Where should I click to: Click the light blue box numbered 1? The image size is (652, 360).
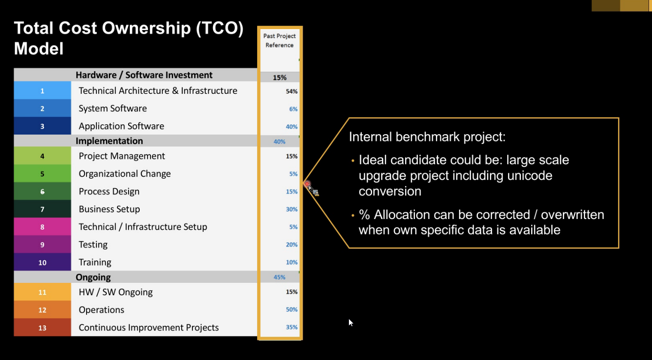pyautogui.click(x=42, y=90)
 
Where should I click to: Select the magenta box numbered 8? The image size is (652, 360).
pyautogui.click(x=42, y=226)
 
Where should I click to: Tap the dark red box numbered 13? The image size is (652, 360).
pyautogui.click(x=42, y=327)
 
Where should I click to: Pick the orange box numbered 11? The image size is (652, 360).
pyautogui.click(x=42, y=292)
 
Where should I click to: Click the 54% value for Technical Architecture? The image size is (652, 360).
pyautogui.click(x=291, y=91)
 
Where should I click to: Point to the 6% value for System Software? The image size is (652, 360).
pyautogui.click(x=293, y=109)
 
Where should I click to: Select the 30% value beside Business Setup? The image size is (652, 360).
pyautogui.click(x=291, y=209)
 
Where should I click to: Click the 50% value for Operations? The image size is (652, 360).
pyautogui.click(x=291, y=309)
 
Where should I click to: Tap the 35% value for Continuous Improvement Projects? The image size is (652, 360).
pyautogui.click(x=291, y=327)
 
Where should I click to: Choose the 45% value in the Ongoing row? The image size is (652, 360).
pyautogui.click(x=279, y=277)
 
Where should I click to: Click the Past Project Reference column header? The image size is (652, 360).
pyautogui.click(x=279, y=40)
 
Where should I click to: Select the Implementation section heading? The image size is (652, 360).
pyautogui.click(x=109, y=141)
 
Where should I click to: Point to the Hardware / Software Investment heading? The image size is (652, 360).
pyautogui.click(x=144, y=75)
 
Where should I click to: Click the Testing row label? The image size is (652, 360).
pyautogui.click(x=93, y=244)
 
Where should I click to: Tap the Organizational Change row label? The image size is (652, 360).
pyautogui.click(x=125, y=174)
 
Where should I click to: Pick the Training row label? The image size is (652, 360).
pyautogui.click(x=95, y=262)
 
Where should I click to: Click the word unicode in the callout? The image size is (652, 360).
pyautogui.click(x=529, y=175)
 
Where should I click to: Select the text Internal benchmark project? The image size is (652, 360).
pyautogui.click(x=427, y=137)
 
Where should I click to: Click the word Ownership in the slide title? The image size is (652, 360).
pyautogui.click(x=146, y=29)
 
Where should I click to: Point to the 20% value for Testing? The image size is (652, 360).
pyautogui.click(x=291, y=245)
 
